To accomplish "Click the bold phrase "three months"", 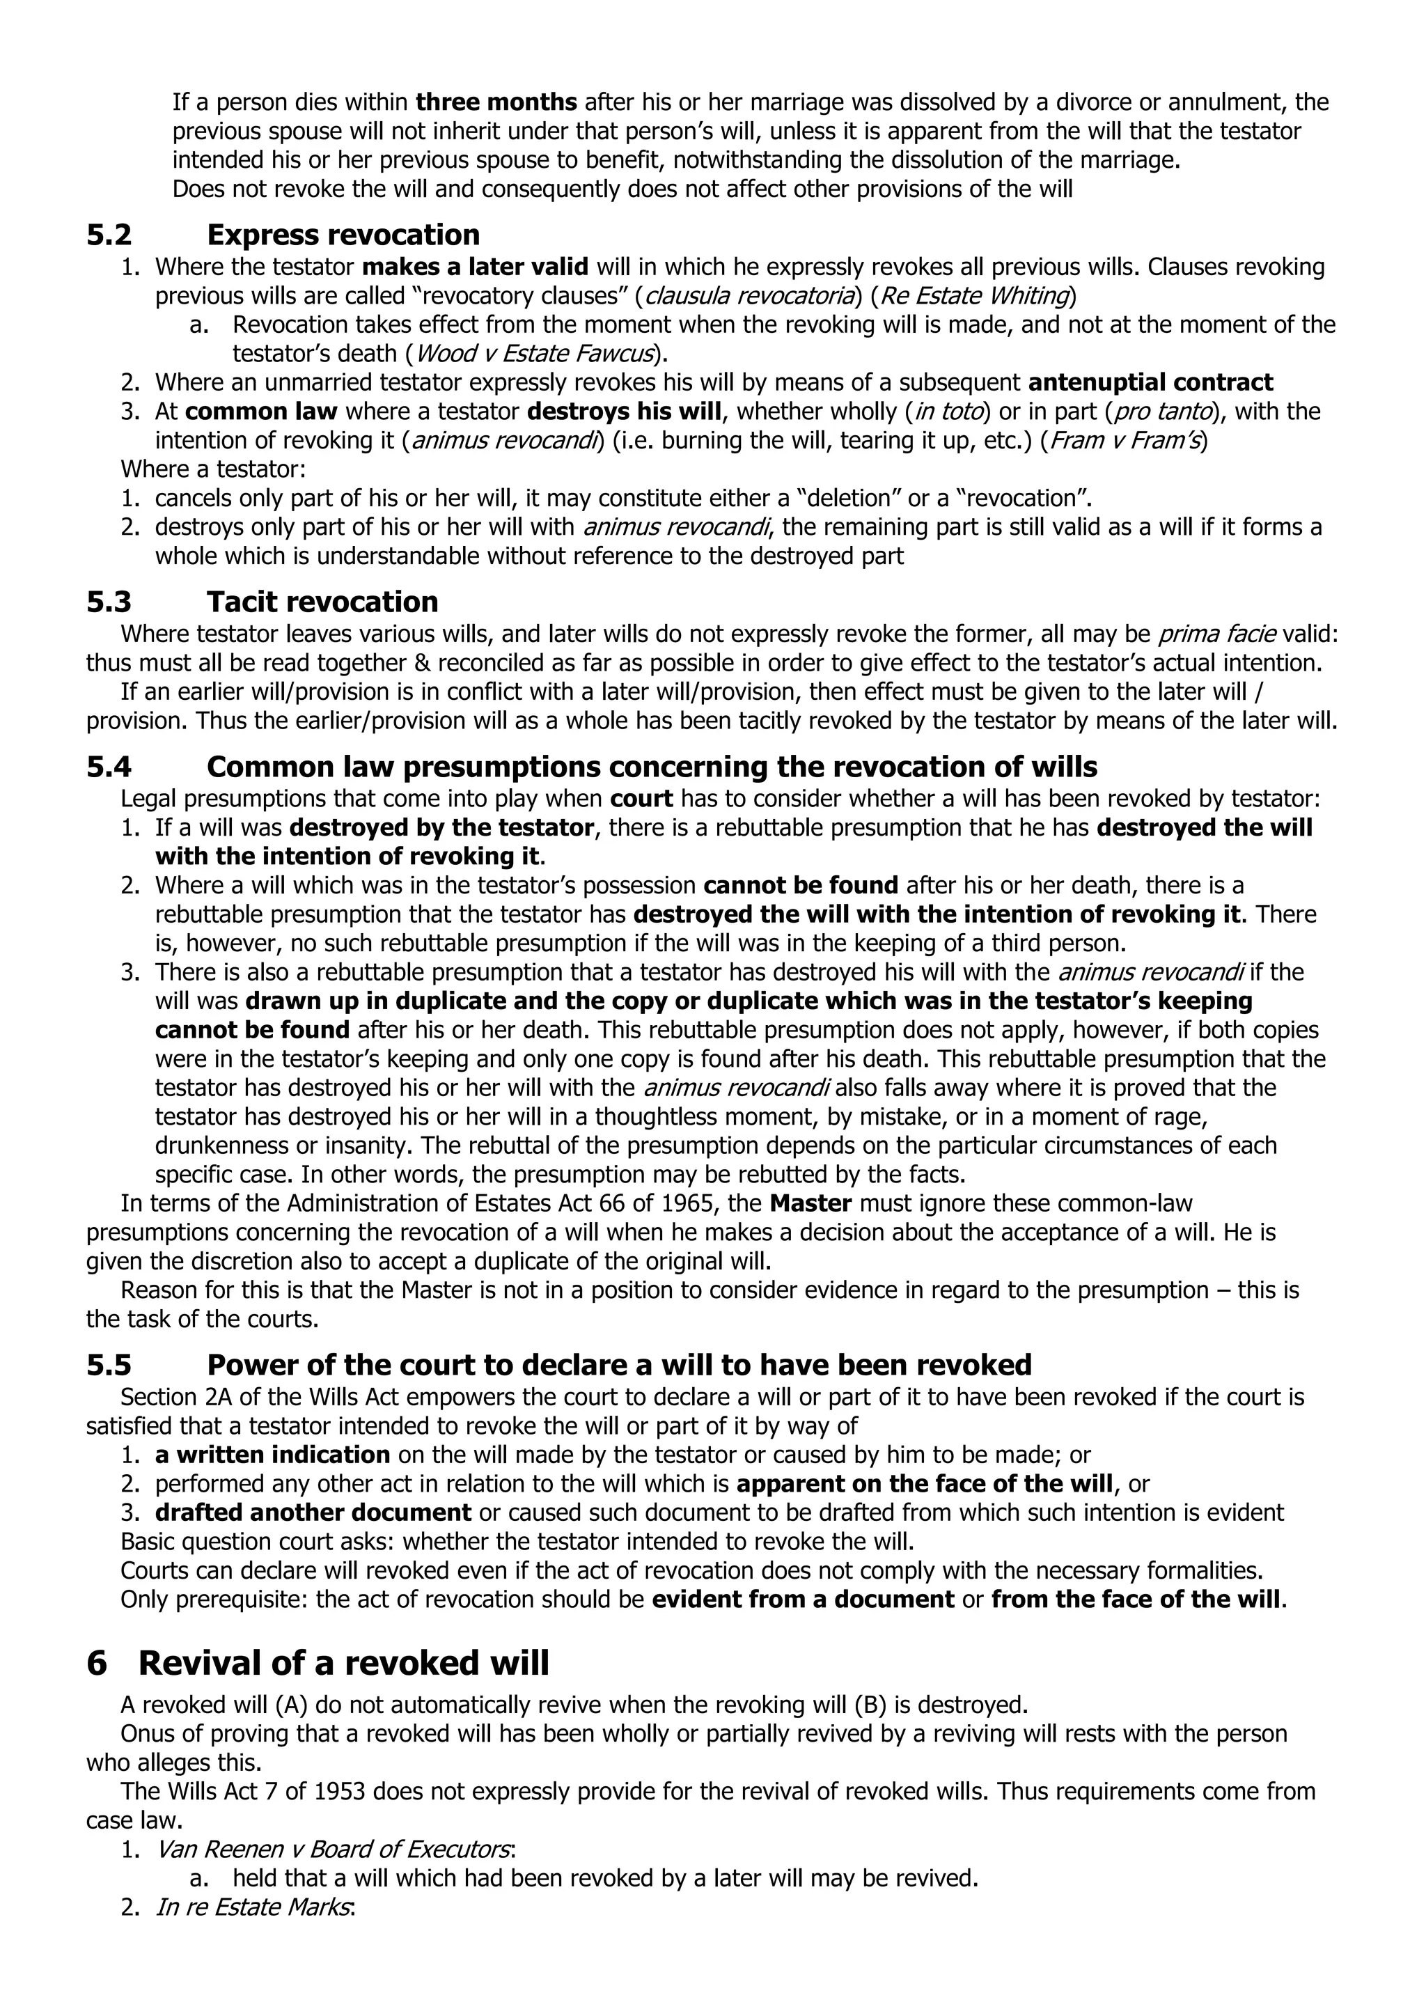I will click(496, 103).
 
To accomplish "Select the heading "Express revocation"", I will click(343, 235).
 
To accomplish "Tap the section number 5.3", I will click(109, 602).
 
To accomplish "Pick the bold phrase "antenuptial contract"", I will click(1150, 383).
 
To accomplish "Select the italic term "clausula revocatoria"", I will click(750, 296).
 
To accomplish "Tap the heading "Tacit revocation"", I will click(322, 602).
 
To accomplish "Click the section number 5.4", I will click(109, 767).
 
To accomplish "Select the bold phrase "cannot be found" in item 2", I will click(801, 886).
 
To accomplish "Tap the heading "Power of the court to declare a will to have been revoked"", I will click(619, 1366).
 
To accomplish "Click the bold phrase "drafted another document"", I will click(313, 1513).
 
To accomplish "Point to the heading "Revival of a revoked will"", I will click(343, 1664).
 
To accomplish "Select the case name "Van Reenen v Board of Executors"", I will click(334, 1850).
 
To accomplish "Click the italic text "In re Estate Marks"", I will click(253, 1907).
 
